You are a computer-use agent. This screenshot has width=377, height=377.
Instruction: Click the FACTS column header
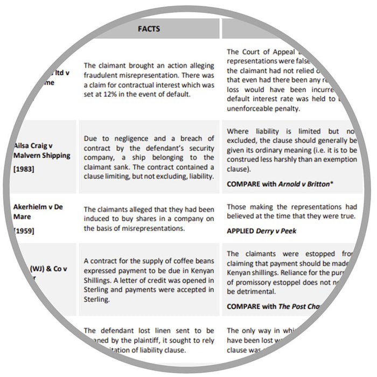tap(149, 29)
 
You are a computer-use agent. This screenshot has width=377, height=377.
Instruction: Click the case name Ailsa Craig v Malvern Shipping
tap(42, 151)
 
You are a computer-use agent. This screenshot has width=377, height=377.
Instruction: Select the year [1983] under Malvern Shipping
tap(23, 169)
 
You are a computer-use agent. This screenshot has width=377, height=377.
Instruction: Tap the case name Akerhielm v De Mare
tap(39, 212)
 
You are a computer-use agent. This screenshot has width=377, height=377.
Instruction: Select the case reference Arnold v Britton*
tap(305, 184)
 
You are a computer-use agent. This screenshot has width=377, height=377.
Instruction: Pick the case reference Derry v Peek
tap(290, 231)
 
